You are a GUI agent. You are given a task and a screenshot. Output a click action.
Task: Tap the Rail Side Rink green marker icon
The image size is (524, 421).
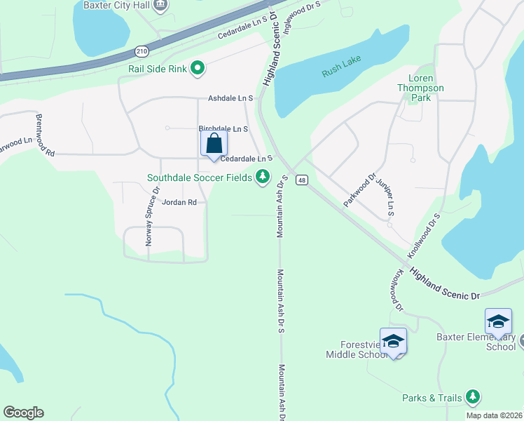[x=198, y=69]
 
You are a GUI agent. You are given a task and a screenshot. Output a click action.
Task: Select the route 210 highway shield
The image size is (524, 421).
[x=142, y=52]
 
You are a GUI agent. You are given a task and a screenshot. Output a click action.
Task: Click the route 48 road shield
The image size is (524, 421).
[x=301, y=180]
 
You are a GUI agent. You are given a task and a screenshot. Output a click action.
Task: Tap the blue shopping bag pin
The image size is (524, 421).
[x=214, y=145]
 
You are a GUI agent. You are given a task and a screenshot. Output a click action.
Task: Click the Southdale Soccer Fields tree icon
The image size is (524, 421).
[x=263, y=177]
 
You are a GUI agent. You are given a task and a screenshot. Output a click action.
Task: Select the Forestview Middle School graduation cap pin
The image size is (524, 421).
[x=393, y=342]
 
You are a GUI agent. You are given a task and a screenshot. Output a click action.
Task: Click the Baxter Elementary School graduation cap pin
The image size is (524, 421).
[x=498, y=322]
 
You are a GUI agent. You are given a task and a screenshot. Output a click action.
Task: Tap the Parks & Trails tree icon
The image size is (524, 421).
[x=474, y=398]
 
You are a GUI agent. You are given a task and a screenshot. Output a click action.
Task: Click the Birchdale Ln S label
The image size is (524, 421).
[x=223, y=129]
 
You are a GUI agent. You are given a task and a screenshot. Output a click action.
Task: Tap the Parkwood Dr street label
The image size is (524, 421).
[x=359, y=189]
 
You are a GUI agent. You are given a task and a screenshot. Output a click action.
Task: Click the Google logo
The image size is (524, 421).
[x=23, y=413]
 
